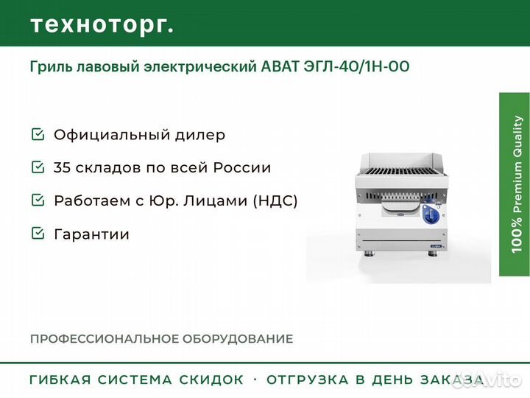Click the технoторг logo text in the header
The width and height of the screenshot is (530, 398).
coord(102,25)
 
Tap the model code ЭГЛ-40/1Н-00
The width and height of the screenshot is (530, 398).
coord(356,66)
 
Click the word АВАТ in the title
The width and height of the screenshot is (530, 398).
coord(280,66)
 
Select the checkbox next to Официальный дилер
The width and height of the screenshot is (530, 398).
coord(38,134)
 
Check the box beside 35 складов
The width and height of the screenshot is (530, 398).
coord(38,167)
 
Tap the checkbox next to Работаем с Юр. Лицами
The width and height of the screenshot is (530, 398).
coord(38,200)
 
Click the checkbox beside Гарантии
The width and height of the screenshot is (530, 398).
coord(38,234)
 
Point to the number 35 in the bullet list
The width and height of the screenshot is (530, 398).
coord(62,167)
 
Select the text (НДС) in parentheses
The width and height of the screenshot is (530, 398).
coord(275,200)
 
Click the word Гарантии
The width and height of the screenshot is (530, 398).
coord(91,234)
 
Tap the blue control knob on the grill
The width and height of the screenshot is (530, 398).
coord(431,214)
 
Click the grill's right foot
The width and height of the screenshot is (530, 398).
coord(433,254)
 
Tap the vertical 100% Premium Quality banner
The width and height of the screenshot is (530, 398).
coord(515,184)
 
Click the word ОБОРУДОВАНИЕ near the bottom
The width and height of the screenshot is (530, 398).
coord(238,339)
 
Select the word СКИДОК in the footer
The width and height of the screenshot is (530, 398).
coord(211,380)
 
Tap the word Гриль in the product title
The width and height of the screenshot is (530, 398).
coord(51,66)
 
